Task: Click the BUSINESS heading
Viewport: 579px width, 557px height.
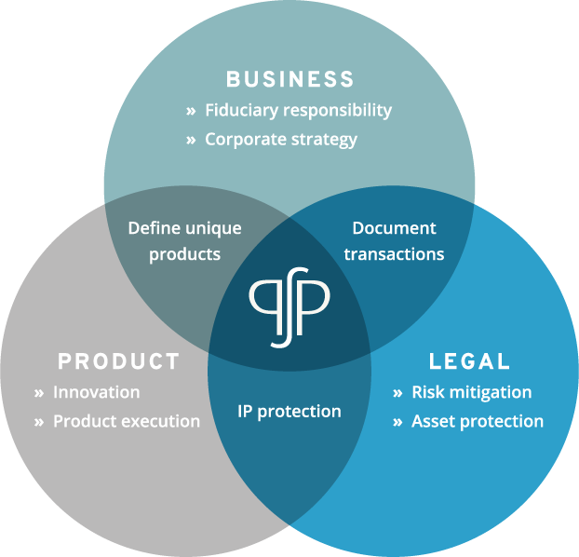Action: (290, 79)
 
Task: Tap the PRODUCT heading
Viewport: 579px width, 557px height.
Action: (118, 361)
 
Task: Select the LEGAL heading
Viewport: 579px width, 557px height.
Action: (469, 361)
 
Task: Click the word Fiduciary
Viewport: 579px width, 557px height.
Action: (241, 111)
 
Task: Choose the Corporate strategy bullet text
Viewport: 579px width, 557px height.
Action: (281, 140)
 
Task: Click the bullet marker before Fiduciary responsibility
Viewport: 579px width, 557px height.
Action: (191, 111)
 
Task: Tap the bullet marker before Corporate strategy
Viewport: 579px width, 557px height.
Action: (191, 140)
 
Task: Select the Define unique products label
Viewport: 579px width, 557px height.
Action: (184, 241)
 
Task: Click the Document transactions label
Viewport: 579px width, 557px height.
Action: (394, 241)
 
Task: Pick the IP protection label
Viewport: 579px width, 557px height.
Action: (289, 412)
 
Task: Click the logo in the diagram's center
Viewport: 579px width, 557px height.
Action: (289, 307)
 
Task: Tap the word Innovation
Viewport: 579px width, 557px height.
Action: (97, 392)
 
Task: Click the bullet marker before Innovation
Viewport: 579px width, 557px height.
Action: (39, 393)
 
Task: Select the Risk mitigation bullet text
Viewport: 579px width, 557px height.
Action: (472, 392)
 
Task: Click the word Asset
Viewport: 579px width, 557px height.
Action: (434, 421)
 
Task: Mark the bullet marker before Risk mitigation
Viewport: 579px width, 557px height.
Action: (397, 393)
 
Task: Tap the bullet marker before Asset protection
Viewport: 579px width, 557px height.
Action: (397, 422)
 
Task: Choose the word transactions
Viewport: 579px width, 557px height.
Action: (394, 254)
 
